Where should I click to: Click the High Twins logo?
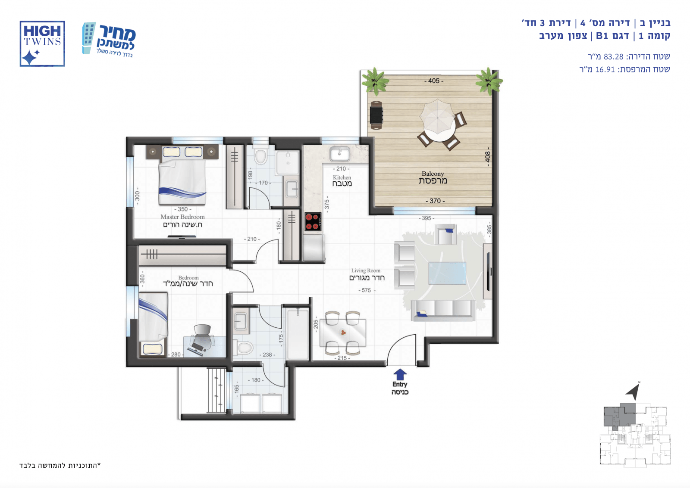click(x=42, y=44)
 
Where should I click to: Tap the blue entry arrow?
click(x=400, y=375)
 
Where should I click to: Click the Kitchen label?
click(x=342, y=177)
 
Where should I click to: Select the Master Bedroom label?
click(x=182, y=217)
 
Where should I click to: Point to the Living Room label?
click(x=366, y=271)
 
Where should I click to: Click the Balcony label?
click(x=433, y=174)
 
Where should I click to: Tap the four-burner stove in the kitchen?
click(x=313, y=221)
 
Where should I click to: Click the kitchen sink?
click(x=340, y=154)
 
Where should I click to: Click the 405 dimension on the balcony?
click(x=434, y=81)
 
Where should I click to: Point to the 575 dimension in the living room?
click(x=367, y=290)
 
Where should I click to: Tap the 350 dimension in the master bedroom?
click(x=183, y=209)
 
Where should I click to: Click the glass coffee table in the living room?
click(x=447, y=273)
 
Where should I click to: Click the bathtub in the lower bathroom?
click(x=298, y=334)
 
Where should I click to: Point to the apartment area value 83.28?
click(x=613, y=57)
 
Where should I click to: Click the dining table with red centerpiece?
click(x=343, y=333)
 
